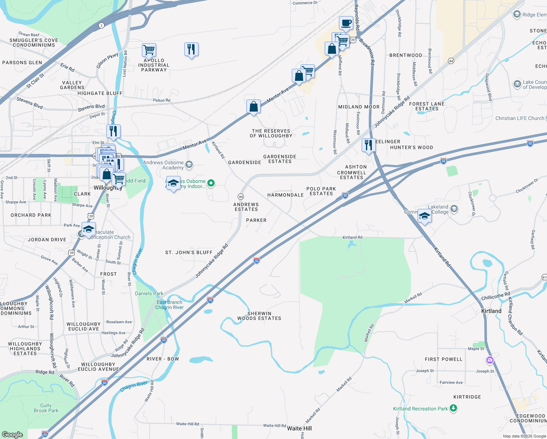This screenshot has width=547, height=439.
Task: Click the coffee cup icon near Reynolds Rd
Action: coord(346,23)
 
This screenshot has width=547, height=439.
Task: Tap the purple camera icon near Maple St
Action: coord(490,360)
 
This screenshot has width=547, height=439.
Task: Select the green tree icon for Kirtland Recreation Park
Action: coord(453,408)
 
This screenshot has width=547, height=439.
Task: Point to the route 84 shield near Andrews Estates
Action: coord(241,197)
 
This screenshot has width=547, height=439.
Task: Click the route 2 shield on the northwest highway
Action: coord(101,26)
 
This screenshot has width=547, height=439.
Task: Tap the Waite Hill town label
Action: coord(299,428)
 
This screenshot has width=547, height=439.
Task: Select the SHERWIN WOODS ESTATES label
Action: coord(259,316)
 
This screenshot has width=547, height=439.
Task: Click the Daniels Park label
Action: coord(149,293)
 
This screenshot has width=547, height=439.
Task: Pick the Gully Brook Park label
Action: coord(46,408)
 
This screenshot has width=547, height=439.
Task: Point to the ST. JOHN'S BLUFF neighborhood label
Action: coord(189,252)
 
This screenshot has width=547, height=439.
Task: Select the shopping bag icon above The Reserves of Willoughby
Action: coord(253,107)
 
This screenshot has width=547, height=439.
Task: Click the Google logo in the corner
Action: coord(12,434)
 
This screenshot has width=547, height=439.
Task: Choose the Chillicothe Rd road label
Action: coord(495,296)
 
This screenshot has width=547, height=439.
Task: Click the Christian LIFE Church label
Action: coord(520,118)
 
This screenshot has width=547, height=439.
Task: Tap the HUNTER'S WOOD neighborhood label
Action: coord(411,147)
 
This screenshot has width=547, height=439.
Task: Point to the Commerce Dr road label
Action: coord(305,3)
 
